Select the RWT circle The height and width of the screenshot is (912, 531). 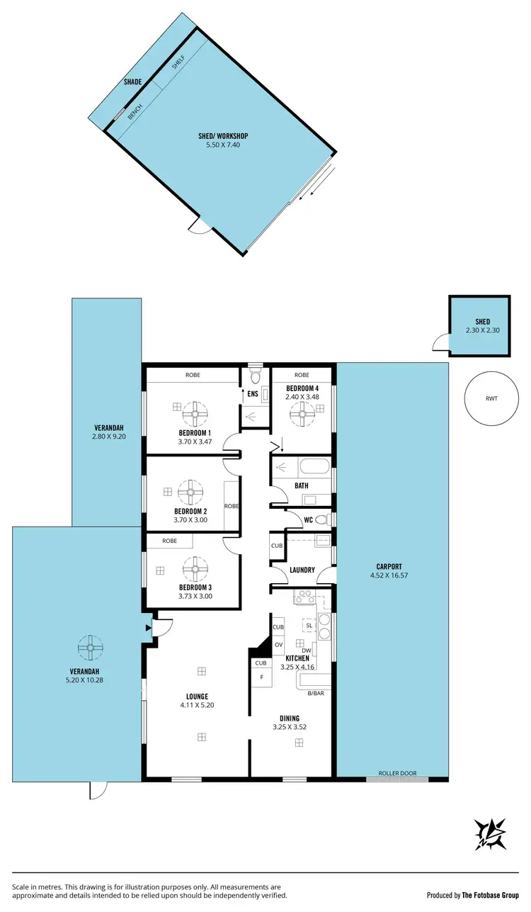tap(491, 398)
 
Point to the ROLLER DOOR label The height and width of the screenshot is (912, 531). tap(397, 773)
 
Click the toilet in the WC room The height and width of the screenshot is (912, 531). tap(321, 519)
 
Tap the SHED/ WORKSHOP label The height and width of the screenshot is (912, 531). tap(223, 136)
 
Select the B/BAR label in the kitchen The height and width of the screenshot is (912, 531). tap(316, 693)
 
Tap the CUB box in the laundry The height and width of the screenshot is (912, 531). tap(277, 546)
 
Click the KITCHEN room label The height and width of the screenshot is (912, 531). tap(297, 658)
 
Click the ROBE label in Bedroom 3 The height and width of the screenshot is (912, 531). tap(169, 541)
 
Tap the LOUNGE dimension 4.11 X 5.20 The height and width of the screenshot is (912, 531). tap(193, 705)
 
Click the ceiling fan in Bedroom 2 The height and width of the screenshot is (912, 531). tap(190, 491)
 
